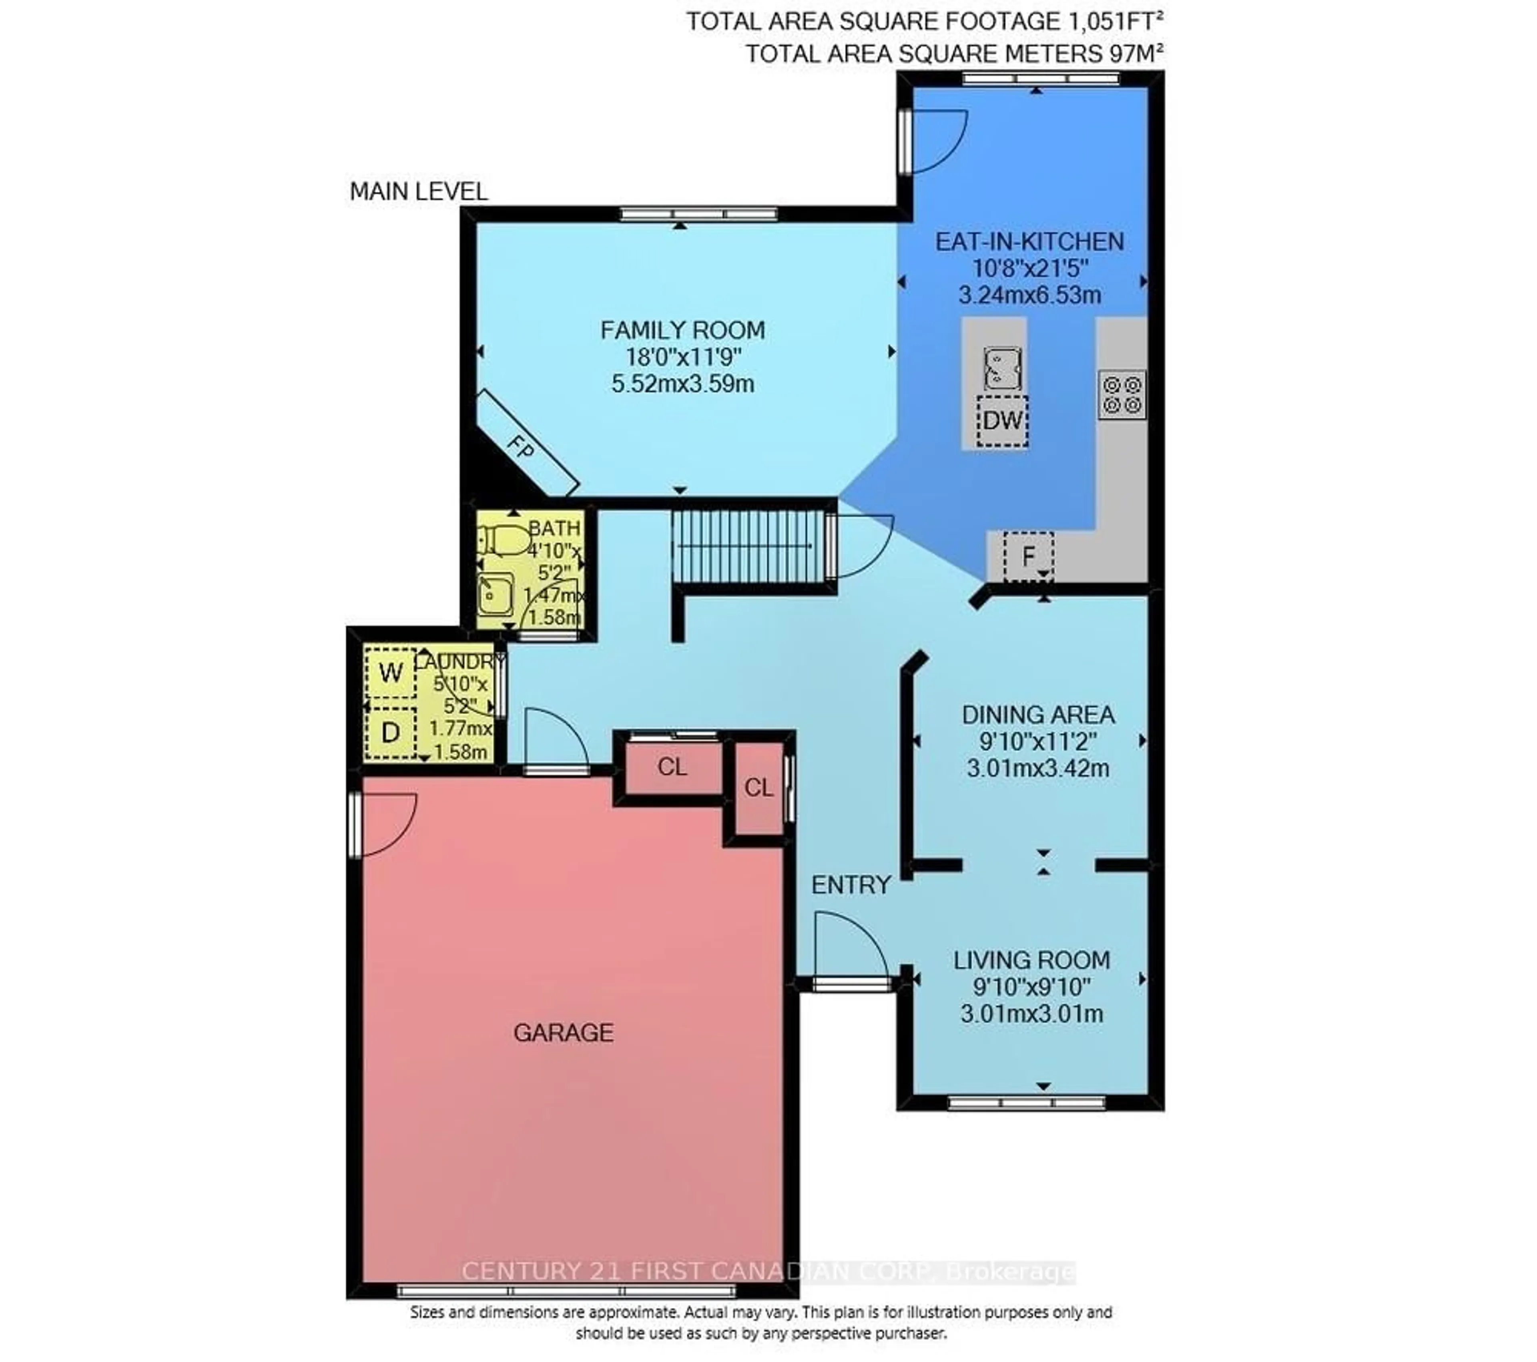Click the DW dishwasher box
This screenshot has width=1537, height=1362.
pos(1002,420)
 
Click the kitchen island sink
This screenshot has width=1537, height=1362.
pos(1002,368)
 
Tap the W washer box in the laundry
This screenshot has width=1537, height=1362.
pos(390,672)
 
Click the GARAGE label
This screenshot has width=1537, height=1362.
pos(563,1033)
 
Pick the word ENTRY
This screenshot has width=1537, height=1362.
pos(851,885)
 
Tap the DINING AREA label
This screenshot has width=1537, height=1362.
pos(1038,715)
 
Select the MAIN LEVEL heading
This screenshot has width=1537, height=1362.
pos(419,192)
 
